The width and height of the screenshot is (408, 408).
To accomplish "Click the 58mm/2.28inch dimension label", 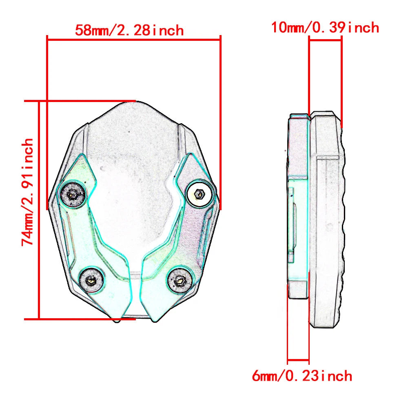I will (x=129, y=30).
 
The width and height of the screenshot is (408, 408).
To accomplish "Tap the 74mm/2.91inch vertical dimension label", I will (x=28, y=192).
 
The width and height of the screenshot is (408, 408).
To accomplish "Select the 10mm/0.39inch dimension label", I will (x=325, y=28).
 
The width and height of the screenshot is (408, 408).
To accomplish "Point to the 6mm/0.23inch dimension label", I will (x=302, y=375).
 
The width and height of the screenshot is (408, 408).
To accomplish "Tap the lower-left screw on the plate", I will (x=91, y=279).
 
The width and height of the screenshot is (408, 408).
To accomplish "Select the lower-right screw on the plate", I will (x=180, y=279).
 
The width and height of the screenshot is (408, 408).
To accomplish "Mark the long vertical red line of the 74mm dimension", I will (x=39, y=210).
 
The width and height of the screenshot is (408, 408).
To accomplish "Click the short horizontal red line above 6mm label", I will (x=298, y=360).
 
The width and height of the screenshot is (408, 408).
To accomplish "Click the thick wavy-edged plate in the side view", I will (x=326, y=220).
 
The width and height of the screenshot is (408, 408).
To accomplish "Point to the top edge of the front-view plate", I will (x=135, y=102).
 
